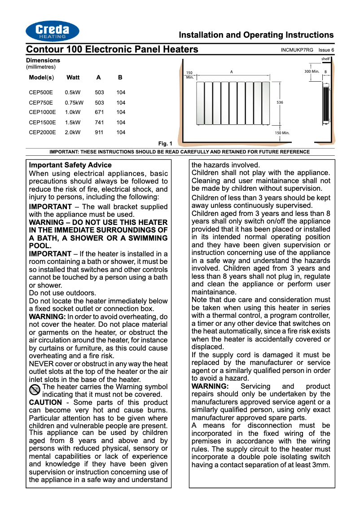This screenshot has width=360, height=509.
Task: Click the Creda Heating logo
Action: pyautogui.click(x=53, y=31)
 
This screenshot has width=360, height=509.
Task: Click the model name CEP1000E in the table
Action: pyautogui.click(x=42, y=113)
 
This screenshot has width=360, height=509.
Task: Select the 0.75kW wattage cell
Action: pyautogui.click(x=74, y=103)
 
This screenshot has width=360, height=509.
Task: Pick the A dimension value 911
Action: pyautogui.click(x=99, y=132)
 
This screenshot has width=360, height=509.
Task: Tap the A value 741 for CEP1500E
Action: pyautogui.click(x=99, y=123)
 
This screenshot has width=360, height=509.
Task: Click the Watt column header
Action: pyautogui.click(x=73, y=78)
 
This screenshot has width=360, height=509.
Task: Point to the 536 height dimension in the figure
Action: pyautogui.click(x=280, y=103)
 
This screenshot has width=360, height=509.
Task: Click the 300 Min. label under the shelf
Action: pyautogui.click(x=312, y=71)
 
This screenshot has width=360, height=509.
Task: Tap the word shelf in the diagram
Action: pyautogui.click(x=325, y=59)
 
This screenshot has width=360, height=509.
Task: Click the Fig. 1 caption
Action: pyautogui.click(x=165, y=144)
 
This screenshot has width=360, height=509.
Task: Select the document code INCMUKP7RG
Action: pyautogui.click(x=297, y=50)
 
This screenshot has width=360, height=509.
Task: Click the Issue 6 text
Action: pyautogui.click(x=326, y=50)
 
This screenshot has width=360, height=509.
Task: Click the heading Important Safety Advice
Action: pyautogui.click(x=70, y=165)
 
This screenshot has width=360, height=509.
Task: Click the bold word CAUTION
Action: pyautogui.click(x=45, y=402)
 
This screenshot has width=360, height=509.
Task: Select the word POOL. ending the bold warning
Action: pyautogui.click(x=40, y=246)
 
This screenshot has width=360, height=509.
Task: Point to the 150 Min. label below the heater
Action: pyautogui.click(x=282, y=133)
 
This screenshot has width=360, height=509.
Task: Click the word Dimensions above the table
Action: pyautogui.click(x=43, y=60)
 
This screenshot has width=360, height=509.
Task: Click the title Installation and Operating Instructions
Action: pyautogui.click(x=256, y=35)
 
